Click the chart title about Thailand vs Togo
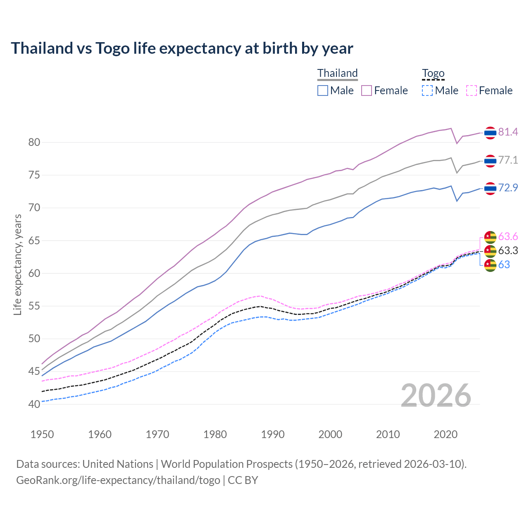click(x=182, y=48)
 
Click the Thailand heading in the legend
click(x=337, y=73)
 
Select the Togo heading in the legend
click(x=433, y=73)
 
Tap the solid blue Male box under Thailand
click(x=323, y=91)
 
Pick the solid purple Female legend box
click(x=367, y=91)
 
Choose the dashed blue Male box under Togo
click(x=427, y=91)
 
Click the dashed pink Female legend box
click(x=472, y=91)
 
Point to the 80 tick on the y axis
click(x=34, y=143)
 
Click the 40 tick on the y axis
click(x=34, y=404)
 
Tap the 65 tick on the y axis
click(x=34, y=241)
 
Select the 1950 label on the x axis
click(x=42, y=434)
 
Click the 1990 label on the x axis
click(x=273, y=434)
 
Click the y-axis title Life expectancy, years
click(x=18, y=264)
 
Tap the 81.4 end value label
click(x=508, y=132)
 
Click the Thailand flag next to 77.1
click(x=490, y=160)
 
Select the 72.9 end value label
click(x=508, y=188)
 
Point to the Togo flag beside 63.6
click(x=490, y=237)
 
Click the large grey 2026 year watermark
click(x=436, y=396)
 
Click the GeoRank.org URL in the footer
click(x=118, y=480)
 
